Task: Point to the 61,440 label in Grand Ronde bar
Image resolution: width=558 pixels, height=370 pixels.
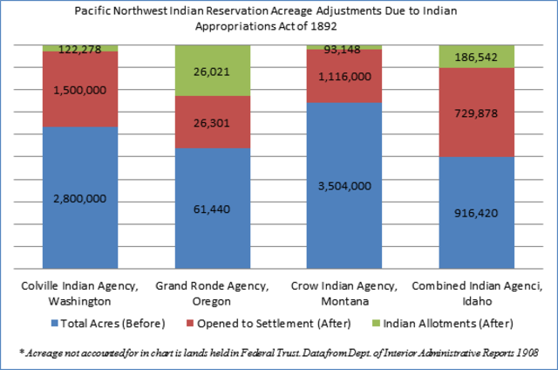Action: click(x=212, y=209)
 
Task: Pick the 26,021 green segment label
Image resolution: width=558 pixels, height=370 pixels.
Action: click(x=212, y=71)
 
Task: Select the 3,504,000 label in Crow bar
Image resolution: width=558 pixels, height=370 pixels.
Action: click(x=345, y=186)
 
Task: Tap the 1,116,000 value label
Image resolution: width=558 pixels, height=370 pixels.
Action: click(x=345, y=77)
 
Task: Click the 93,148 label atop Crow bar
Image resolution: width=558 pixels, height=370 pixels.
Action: click(x=345, y=49)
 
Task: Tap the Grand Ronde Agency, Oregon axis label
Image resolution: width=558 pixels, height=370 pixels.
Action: click(x=212, y=293)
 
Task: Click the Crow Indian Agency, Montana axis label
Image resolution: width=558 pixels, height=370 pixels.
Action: click(x=345, y=293)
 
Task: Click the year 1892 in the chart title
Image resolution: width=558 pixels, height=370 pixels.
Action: click(x=323, y=26)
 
